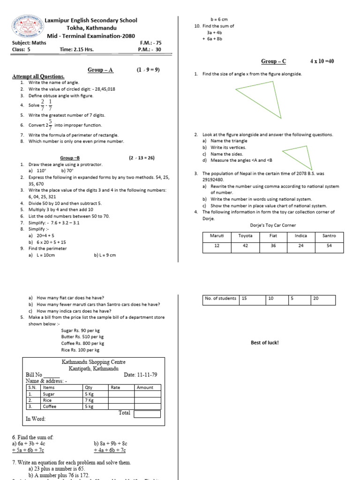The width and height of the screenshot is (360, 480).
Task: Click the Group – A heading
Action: [x=100, y=70]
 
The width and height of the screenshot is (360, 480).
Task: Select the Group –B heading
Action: [x=73, y=158]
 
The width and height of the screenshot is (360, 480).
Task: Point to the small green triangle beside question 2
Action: [x=298, y=157]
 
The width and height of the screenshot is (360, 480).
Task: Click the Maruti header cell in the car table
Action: [x=217, y=236]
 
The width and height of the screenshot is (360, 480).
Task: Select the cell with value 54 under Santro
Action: [x=329, y=246]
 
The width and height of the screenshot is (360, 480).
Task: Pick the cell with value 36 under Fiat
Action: [x=273, y=246]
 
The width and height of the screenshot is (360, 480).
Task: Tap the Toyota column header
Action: [x=245, y=236]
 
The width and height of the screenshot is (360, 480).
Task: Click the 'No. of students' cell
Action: [x=221, y=299]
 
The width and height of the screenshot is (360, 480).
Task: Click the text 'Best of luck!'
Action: [x=265, y=343]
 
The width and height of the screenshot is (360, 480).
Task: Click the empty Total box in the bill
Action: [x=147, y=414]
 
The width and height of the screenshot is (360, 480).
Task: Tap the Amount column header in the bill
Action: [x=145, y=388]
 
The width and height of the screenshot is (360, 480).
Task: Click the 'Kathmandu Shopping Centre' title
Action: [x=94, y=362]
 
